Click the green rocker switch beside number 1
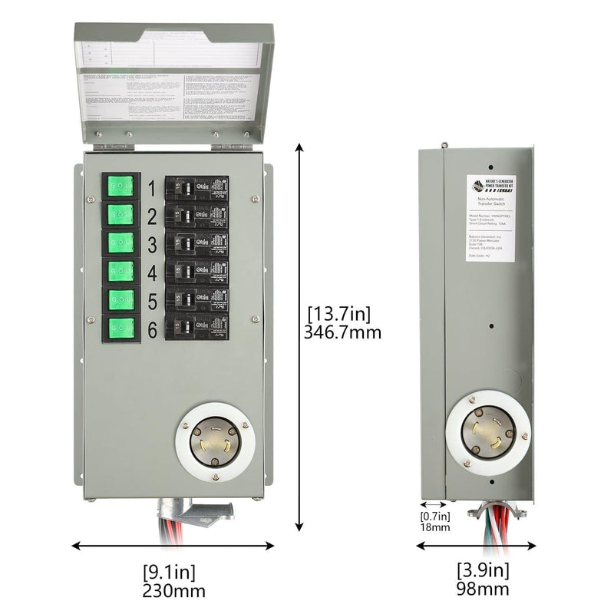120,186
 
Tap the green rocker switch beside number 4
120,270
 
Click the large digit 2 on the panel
152,216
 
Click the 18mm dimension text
434,527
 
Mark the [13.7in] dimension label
338,313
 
